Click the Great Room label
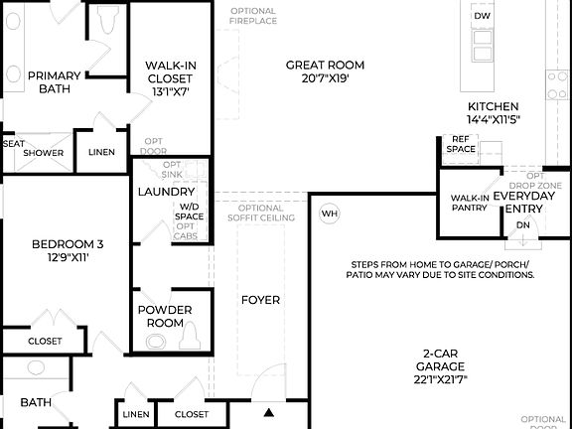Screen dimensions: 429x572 (x=318, y=66)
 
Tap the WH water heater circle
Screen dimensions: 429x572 (x=329, y=214)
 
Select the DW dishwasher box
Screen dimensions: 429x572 (x=482, y=17)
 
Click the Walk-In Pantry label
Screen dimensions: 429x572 (x=469, y=203)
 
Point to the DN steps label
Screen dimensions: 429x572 (x=523, y=225)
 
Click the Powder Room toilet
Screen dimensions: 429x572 (x=157, y=342)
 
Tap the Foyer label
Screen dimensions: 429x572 (x=261, y=300)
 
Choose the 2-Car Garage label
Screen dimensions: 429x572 (x=441, y=365)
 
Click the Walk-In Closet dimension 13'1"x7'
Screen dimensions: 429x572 (x=170, y=91)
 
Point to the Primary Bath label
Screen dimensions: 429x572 (x=54, y=81)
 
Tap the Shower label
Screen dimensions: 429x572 (x=44, y=153)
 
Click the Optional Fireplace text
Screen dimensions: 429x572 (x=253, y=17)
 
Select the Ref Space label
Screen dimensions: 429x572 (x=461, y=144)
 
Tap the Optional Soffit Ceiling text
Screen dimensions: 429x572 (x=261, y=213)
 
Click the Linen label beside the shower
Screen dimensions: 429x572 (x=101, y=153)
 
